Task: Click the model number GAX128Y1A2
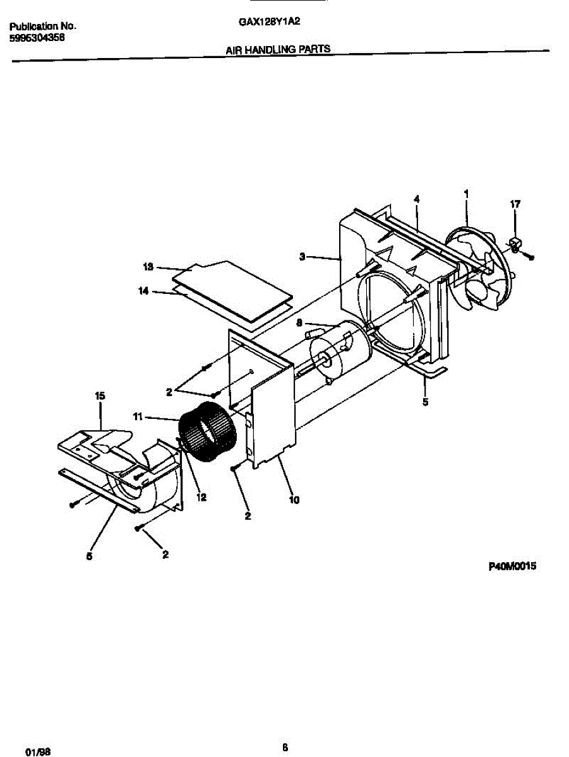coord(269,20)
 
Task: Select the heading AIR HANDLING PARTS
coord(279,49)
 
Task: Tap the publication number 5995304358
coord(37,38)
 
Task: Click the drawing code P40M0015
coord(512,567)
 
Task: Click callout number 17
coord(515,204)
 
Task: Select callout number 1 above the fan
coord(466,194)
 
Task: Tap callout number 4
coord(416,199)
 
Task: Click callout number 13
coord(148,267)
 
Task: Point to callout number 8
coord(299,322)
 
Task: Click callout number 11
coord(138,417)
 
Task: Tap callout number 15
coord(100,396)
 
